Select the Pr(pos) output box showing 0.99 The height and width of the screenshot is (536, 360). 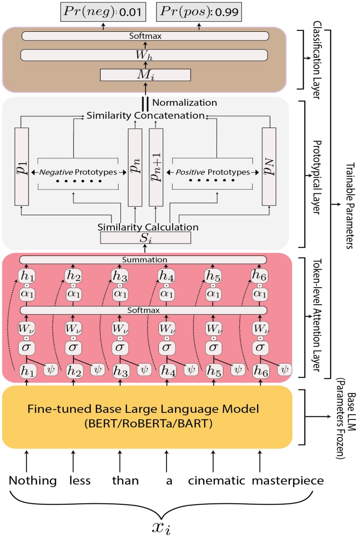198,10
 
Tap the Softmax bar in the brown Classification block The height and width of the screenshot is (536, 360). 145,36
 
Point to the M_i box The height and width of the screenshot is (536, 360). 145,75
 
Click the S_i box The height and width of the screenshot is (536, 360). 145,238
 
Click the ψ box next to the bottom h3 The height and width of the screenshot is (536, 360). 144,368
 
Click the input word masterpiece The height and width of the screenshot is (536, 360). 287,481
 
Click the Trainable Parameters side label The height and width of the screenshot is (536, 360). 350,204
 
